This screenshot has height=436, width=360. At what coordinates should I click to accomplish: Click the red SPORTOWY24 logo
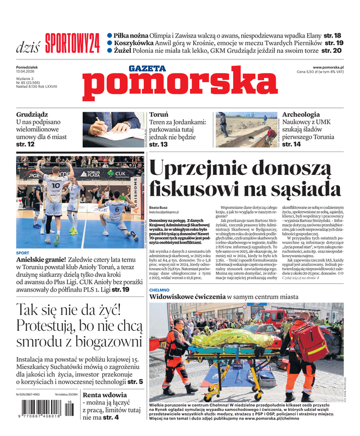click(x=72, y=42)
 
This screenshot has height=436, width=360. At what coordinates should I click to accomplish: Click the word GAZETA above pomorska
click(x=147, y=69)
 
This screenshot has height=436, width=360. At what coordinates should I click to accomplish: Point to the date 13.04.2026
click(x=26, y=71)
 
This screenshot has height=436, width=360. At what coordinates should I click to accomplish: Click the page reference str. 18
click(x=333, y=35)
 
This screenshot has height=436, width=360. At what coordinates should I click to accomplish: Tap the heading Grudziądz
click(x=32, y=115)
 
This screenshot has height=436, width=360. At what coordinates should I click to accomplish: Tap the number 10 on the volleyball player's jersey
click(x=56, y=185)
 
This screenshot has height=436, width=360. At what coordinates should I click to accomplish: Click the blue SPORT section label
click(x=23, y=253)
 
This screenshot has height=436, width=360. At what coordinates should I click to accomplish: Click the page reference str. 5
click(x=132, y=382)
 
